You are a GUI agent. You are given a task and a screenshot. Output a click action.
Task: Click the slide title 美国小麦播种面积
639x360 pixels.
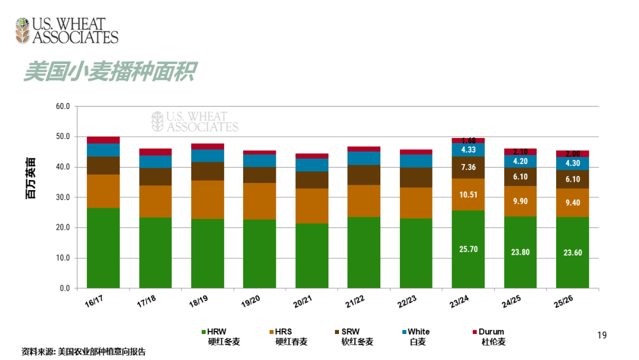coord(109,72)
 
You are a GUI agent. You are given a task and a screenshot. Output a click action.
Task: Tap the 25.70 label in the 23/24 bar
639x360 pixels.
coord(468,249)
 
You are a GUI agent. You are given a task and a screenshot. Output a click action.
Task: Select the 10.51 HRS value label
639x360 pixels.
coord(468,194)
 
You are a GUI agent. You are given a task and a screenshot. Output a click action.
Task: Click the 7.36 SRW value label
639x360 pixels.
coord(468,167)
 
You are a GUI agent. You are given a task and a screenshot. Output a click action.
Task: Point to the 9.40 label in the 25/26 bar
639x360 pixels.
coord(572,202)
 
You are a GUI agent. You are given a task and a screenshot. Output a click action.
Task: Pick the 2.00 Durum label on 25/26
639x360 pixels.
coord(572,154)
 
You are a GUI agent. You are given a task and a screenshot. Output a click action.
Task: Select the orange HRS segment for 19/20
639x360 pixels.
coord(259,201)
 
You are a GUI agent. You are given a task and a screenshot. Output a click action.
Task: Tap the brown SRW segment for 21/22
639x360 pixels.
coord(363,175)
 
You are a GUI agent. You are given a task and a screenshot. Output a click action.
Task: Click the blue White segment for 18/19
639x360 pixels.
coord(207,156)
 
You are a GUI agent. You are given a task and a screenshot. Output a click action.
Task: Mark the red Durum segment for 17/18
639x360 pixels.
coord(155,152)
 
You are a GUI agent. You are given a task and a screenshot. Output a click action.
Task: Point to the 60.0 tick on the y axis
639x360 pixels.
coord(63,107)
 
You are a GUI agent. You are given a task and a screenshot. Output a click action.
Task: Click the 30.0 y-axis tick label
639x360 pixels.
coord(63,197)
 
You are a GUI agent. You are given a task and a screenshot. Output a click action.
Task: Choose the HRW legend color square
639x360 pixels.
coord(204,332)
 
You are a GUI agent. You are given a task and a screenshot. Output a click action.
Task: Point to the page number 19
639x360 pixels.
coord(602,336)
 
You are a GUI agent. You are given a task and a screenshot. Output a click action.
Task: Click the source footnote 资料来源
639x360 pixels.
coord(83,351)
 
